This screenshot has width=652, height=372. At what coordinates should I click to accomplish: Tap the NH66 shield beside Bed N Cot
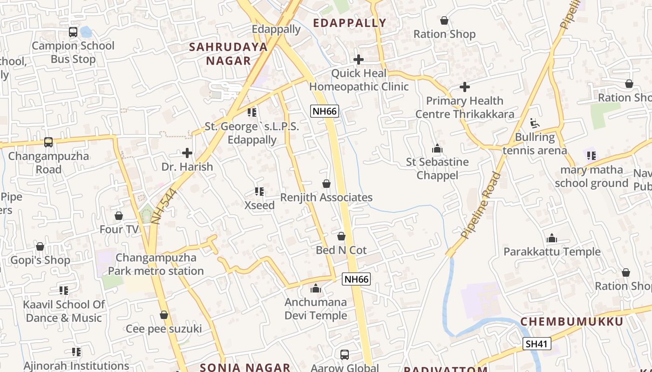coord(356,279)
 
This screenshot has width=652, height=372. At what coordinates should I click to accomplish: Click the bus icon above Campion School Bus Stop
coord(73,32)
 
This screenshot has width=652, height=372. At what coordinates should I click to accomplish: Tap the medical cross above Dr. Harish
coord(187,153)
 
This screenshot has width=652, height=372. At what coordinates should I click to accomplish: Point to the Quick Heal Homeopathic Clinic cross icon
coord(359,60)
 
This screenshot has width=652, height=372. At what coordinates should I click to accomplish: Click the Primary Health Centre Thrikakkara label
coord(464,107)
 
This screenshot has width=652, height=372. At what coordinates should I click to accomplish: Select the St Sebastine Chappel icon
coord(437,149)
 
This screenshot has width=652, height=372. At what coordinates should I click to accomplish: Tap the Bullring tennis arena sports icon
coord(535,123)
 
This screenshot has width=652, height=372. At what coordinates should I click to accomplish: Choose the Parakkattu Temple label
coord(552,252)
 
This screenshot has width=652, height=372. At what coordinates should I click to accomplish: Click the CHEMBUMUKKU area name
coord(571,322)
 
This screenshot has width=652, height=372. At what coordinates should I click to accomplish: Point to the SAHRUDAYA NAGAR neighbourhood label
coord(228,53)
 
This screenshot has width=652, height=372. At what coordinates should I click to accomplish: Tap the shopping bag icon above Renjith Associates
coord(326,184)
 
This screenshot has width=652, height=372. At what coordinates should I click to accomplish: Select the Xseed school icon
coord(259,191)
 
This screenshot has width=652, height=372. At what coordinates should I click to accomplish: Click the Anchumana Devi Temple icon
coord(316,288)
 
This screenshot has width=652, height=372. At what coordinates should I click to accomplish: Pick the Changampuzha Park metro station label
coord(156,264)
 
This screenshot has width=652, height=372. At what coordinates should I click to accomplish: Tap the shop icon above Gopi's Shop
coord(40,246)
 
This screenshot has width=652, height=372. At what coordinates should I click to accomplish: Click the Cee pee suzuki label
coord(164,329)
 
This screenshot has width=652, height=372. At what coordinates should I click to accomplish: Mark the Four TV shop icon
coord(119,216)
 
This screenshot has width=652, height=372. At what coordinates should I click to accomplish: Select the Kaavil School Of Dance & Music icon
coord(64,291)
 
